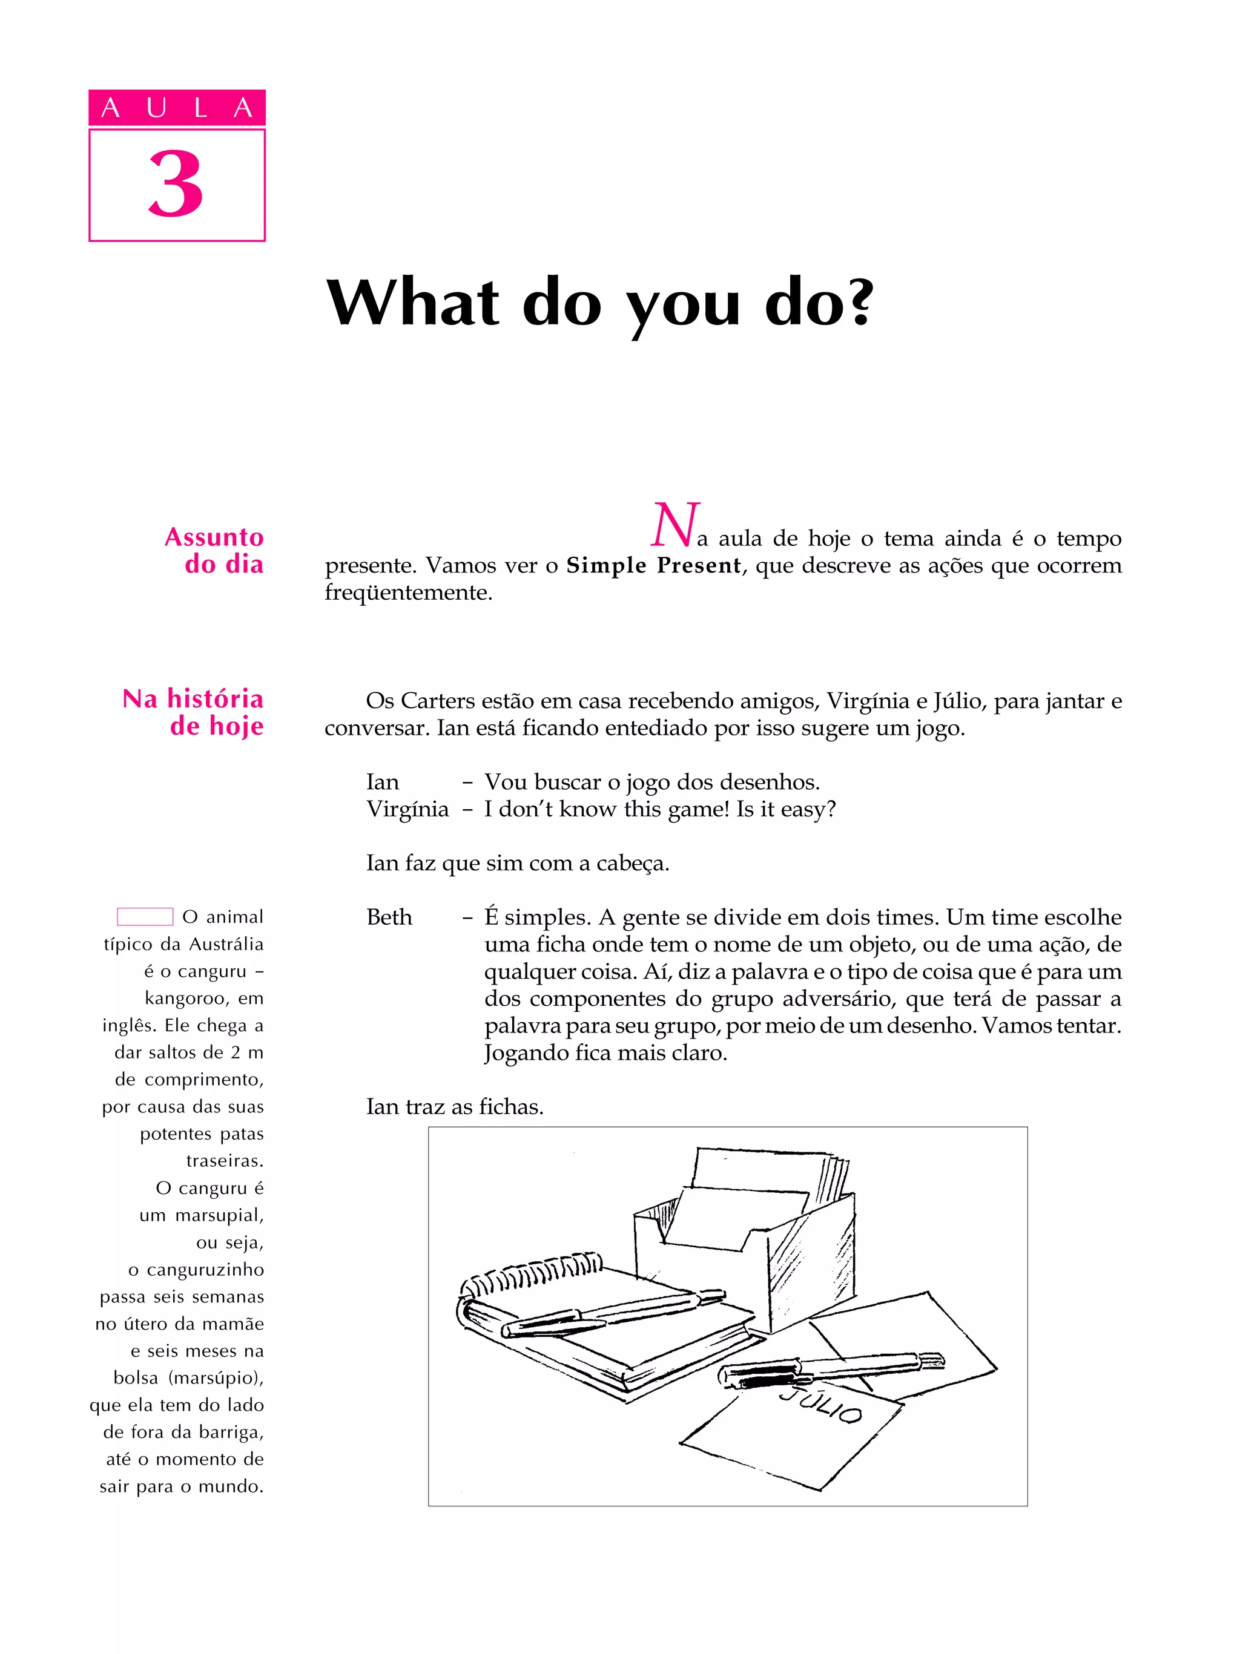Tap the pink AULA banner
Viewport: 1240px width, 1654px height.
(177, 108)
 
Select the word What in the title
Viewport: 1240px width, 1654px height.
(413, 302)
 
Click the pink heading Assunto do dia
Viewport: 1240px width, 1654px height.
(215, 550)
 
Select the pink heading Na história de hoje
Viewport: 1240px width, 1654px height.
(194, 712)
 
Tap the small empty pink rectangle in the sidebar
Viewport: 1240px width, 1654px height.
(145, 917)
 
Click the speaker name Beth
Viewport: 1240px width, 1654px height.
(389, 917)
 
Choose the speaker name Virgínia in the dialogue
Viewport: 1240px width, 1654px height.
(407, 809)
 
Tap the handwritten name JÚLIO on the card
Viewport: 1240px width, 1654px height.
(821, 1407)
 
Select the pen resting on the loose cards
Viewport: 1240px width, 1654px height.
(830, 1368)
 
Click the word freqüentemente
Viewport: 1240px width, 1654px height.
(408, 592)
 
